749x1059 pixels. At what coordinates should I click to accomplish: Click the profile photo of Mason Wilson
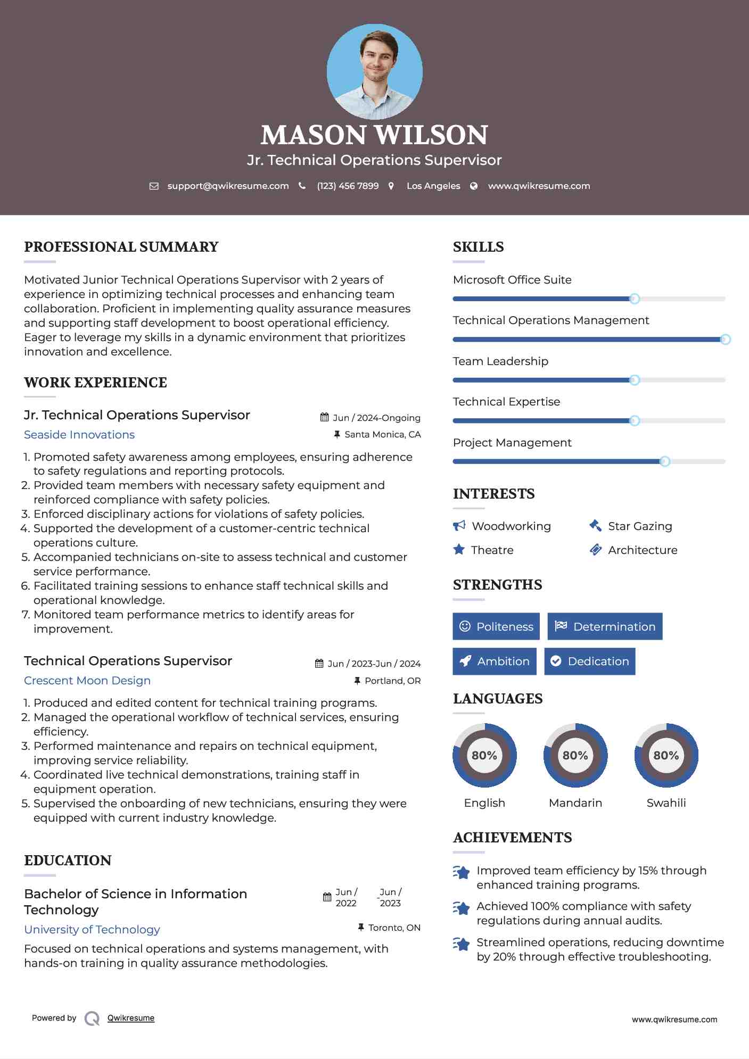tap(374, 71)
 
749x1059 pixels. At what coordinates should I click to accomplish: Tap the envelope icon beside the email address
tap(154, 186)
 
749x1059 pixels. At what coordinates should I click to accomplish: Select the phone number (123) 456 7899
tap(348, 186)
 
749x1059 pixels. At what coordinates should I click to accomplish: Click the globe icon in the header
tap(474, 186)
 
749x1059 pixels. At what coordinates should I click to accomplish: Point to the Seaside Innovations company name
tap(79, 435)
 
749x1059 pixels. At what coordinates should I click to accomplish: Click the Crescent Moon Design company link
tap(87, 681)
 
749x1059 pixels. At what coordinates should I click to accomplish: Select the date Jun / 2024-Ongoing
tap(376, 418)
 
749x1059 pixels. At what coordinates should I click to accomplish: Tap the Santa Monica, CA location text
tap(382, 435)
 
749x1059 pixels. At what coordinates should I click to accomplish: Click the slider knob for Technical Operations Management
tap(725, 340)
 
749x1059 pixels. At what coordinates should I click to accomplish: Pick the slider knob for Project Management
tap(664, 461)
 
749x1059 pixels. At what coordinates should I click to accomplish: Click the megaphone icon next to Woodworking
tap(459, 526)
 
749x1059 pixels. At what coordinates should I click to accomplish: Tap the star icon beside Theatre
tap(459, 550)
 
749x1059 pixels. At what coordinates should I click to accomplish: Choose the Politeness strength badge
tap(496, 626)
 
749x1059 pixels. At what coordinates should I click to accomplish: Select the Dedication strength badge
tap(589, 661)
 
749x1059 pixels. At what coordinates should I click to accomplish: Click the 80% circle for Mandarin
tap(575, 755)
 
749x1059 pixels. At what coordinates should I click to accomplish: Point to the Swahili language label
tap(666, 803)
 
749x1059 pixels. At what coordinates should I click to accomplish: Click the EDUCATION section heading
tap(68, 861)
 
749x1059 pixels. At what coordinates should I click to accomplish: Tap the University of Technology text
tap(92, 930)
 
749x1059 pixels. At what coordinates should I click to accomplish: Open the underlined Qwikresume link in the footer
tap(131, 1018)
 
